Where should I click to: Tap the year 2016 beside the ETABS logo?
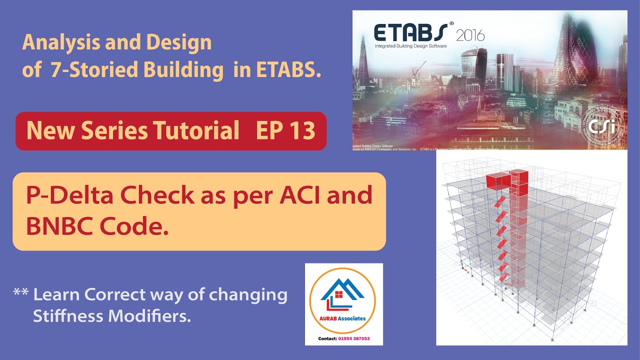469,35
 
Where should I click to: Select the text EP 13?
285,131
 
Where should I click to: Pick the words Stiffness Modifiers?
112,316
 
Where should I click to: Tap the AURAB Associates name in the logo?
344,318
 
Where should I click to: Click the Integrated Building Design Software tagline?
410,46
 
